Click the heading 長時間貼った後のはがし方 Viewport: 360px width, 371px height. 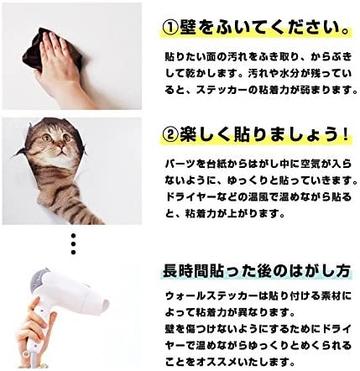[x=256, y=271]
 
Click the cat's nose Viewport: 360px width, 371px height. [x=60, y=146]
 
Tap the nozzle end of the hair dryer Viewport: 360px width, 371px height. [x=104, y=303]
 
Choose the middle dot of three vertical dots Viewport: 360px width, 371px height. [x=73, y=244]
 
